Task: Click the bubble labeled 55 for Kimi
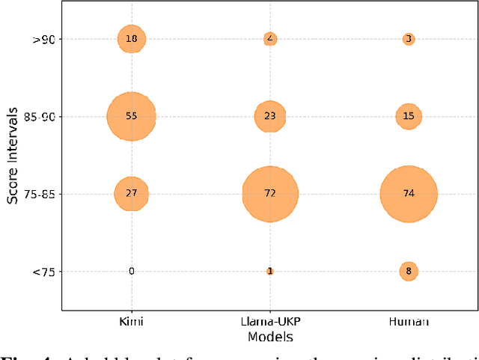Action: click(131, 117)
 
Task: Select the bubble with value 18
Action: click(131, 39)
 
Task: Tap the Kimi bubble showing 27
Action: click(131, 194)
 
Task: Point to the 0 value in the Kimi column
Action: click(131, 272)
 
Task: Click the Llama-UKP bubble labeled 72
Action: click(269, 194)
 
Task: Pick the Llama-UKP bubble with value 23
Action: click(269, 117)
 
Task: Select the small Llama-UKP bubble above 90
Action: click(269, 39)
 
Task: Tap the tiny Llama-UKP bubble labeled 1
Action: click(269, 272)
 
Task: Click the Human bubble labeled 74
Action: click(408, 194)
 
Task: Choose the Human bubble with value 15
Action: click(408, 117)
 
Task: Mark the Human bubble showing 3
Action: click(408, 39)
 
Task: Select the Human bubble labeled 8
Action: click(408, 272)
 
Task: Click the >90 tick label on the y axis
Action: click(42, 39)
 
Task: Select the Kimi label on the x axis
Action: click(131, 321)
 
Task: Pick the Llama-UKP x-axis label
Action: click(269, 321)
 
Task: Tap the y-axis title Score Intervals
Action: click(13, 156)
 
